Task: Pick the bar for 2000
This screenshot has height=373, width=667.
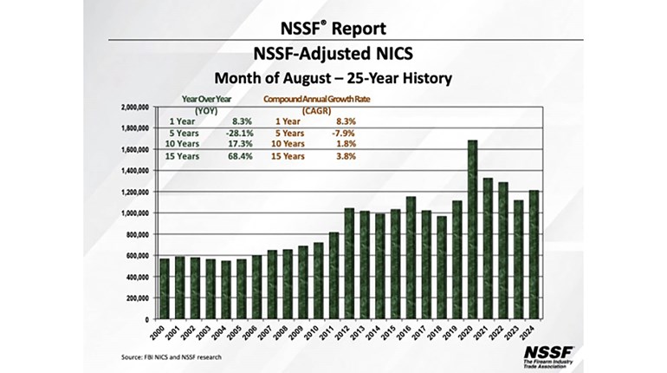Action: pos(165,289)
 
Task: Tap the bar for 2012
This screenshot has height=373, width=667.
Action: pos(349,264)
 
